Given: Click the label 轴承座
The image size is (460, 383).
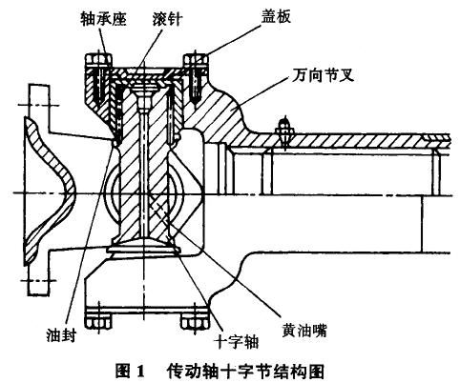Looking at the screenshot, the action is pyautogui.click(x=103, y=18).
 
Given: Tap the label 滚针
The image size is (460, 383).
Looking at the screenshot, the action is pyautogui.click(x=167, y=19).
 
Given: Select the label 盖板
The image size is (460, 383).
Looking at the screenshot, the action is pyautogui.click(x=276, y=16).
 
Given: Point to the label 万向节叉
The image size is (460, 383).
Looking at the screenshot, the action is pyautogui.click(x=323, y=75).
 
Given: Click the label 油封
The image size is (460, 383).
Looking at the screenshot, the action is pyautogui.click(x=62, y=334).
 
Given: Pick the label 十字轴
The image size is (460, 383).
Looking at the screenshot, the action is pyautogui.click(x=237, y=341).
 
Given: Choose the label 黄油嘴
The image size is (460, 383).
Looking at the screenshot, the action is pyautogui.click(x=304, y=331).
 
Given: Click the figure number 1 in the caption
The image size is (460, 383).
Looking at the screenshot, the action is pyautogui.click(x=140, y=371).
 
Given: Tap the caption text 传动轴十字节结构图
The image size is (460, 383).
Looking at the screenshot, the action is pyautogui.click(x=245, y=371).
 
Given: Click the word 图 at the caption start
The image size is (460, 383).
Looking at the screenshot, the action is pyautogui.click(x=123, y=371).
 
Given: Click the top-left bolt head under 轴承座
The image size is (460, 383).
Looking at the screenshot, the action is pyautogui.click(x=98, y=60).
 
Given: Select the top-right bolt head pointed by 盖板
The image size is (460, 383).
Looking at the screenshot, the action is pyautogui.click(x=196, y=60).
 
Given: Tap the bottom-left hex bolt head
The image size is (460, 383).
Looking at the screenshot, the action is pyautogui.click(x=98, y=322).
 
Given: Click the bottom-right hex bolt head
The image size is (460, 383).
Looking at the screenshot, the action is pyautogui.click(x=196, y=322).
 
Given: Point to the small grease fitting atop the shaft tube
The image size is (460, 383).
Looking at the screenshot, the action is pyautogui.click(x=284, y=130).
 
